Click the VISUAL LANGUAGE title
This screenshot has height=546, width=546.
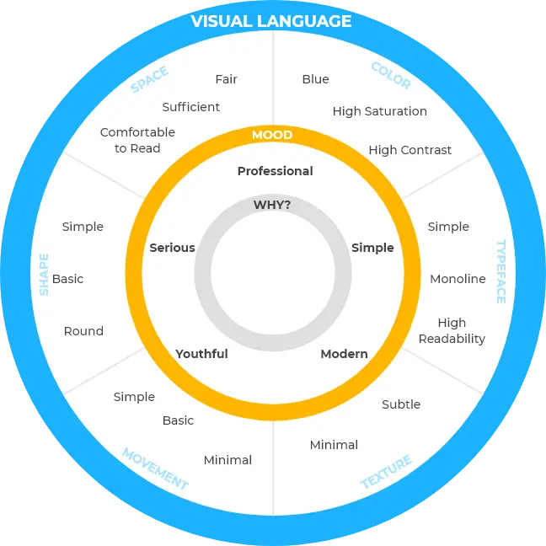tap(271, 21)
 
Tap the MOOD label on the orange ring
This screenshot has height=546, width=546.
tap(272, 135)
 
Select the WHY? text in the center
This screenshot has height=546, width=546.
tap(272, 205)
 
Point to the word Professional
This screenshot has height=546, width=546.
tap(275, 171)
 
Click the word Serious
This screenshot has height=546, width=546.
tap(172, 248)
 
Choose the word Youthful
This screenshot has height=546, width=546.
tap(201, 354)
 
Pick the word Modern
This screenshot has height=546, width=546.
tap(344, 354)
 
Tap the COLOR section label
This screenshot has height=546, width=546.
tap(390, 76)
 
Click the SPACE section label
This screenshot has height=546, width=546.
tap(150, 80)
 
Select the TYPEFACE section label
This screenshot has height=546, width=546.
tap(500, 271)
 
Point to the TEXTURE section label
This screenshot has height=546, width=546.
tap(387, 472)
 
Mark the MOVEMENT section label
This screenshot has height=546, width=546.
tap(155, 469)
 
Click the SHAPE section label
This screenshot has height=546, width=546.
tap(44, 274)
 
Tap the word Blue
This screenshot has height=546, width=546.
tap(315, 79)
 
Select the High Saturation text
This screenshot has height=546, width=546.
tap(379, 111)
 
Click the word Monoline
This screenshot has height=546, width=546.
tap(458, 279)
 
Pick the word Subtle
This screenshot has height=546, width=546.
tap(401, 404)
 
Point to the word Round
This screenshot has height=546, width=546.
tap(83, 331)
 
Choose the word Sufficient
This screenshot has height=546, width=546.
tap(191, 107)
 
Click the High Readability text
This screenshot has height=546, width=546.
tap(452, 330)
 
